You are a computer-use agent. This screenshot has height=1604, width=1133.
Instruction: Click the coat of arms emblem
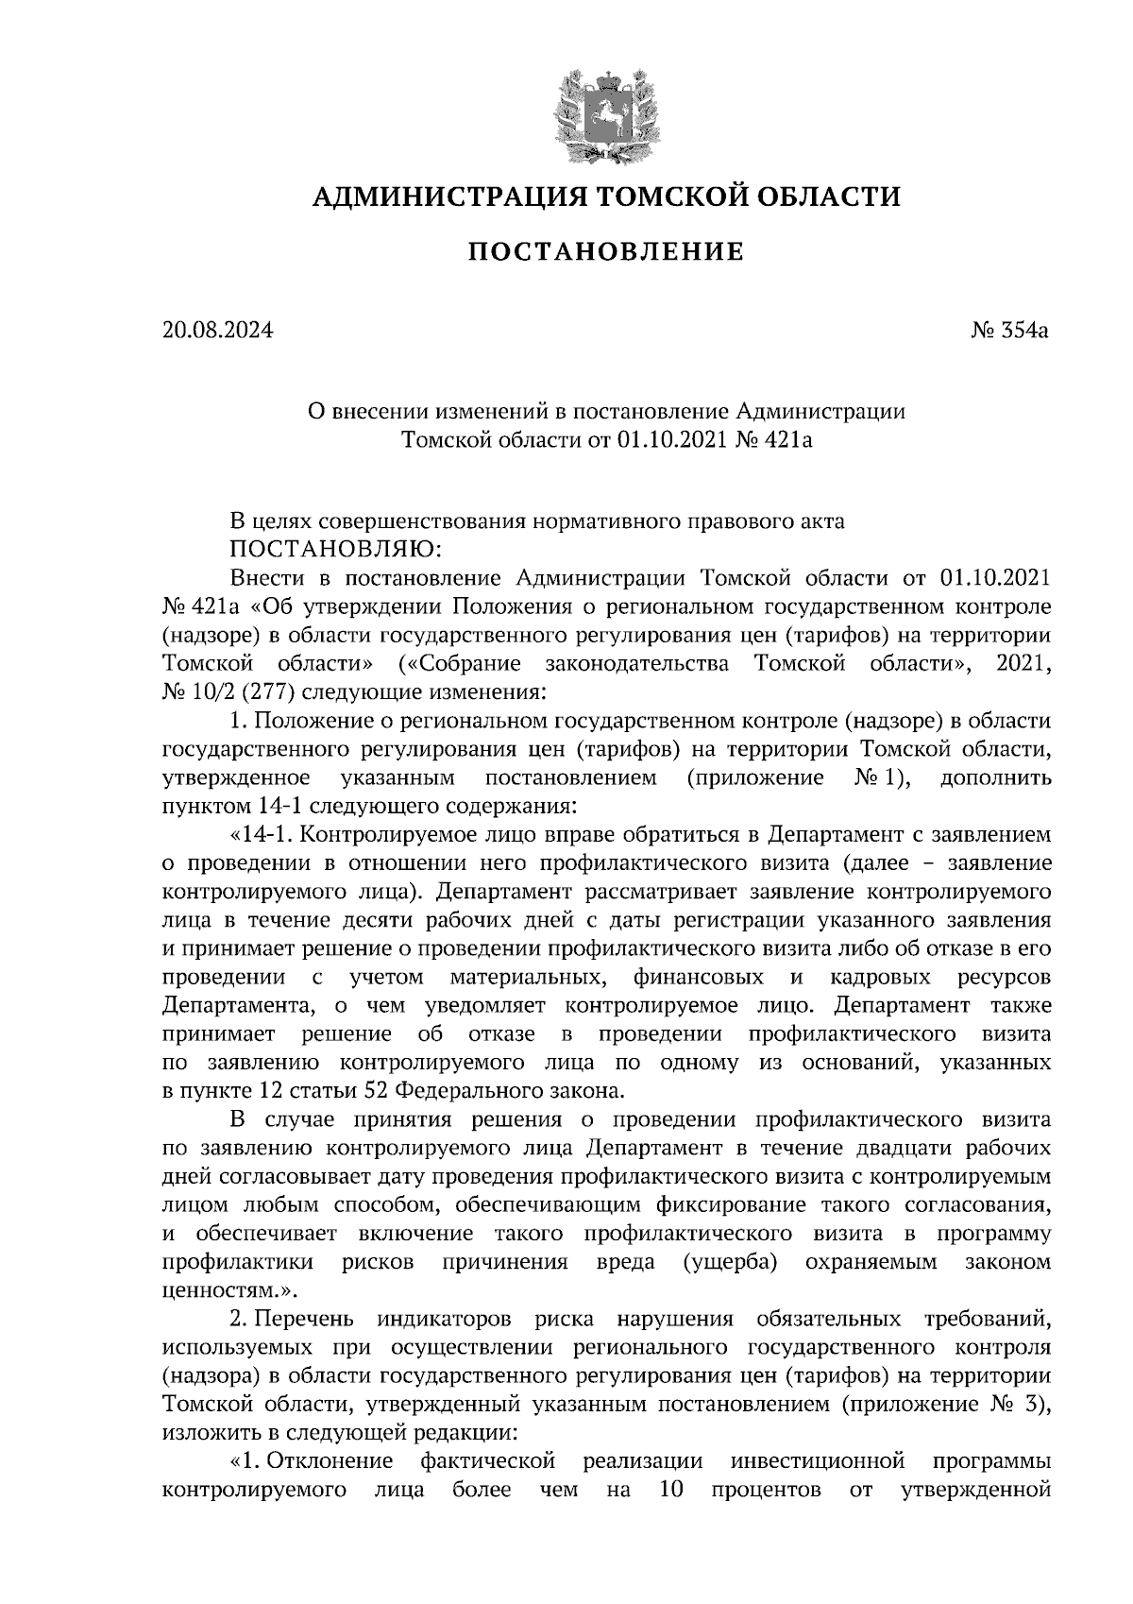606,112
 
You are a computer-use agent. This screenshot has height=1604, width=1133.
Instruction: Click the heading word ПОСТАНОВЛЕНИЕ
606,251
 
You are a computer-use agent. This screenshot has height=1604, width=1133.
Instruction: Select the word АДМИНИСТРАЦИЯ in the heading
437,196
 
